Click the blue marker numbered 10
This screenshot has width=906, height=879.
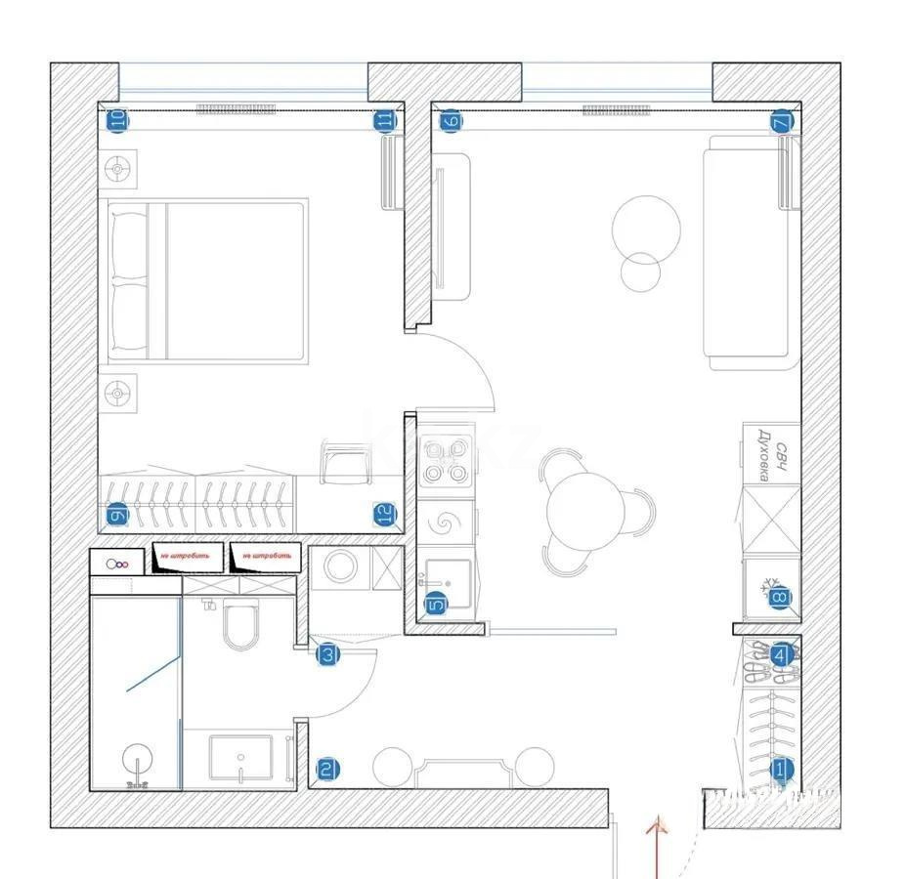pyautogui.click(x=116, y=121)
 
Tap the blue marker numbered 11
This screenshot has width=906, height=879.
pyautogui.click(x=385, y=121)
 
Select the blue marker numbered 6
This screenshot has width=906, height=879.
pyautogui.click(x=450, y=122)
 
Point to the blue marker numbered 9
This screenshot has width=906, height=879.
pyautogui.click(x=117, y=515)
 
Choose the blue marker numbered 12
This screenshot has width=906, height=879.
pyautogui.click(x=384, y=514)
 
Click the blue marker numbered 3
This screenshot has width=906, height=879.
pyautogui.click(x=328, y=656)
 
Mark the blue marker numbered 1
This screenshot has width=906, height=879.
pyautogui.click(x=780, y=770)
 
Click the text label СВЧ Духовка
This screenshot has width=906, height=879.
pyautogui.click(x=773, y=453)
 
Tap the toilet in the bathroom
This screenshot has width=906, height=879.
pyautogui.click(x=239, y=626)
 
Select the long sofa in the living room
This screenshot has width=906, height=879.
pyautogui.click(x=745, y=252)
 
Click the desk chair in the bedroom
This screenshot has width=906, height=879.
pyautogui.click(x=345, y=463)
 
